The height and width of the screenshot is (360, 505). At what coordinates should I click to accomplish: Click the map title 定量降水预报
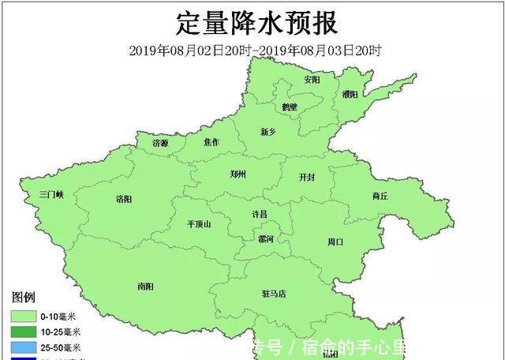256,23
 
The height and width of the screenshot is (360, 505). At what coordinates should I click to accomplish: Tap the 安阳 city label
312,80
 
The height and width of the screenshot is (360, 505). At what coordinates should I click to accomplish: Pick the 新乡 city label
270,131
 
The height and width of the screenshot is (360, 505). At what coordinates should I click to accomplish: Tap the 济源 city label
160,143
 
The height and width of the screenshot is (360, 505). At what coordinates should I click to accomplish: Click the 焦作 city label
211,143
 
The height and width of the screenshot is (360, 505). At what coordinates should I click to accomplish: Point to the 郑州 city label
238,174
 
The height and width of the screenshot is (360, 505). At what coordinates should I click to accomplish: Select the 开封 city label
306,178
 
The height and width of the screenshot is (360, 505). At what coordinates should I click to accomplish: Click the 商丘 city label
380,196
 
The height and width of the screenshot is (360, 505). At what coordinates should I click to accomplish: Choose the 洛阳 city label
124,199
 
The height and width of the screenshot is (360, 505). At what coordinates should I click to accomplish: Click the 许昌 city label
259,214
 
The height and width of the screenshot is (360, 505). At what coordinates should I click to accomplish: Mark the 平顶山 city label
199,224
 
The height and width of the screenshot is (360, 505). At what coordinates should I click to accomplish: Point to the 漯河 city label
266,238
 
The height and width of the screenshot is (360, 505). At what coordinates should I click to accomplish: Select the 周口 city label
335,242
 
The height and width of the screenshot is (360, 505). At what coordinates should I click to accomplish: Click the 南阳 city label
145,286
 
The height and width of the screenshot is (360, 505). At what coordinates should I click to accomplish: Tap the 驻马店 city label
273,294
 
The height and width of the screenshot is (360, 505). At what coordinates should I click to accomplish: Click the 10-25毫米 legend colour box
24,332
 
